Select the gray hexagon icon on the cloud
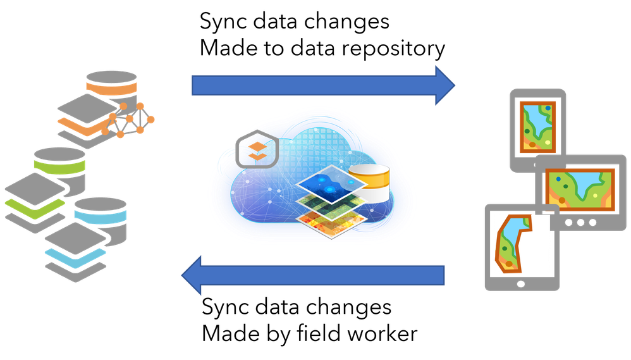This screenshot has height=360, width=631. (256, 150)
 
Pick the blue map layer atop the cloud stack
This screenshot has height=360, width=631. (330, 183)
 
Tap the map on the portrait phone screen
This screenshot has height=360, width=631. (537, 126)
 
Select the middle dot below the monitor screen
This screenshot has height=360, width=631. (580, 222)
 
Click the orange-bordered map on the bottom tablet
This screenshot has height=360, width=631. (511, 243)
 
